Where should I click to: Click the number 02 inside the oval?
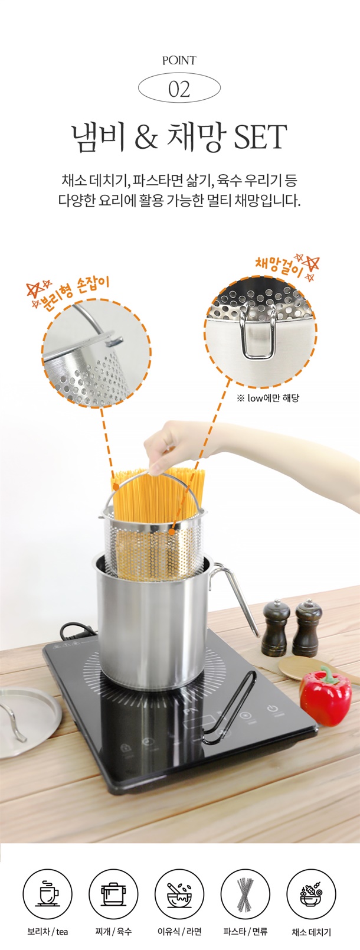click(179, 89)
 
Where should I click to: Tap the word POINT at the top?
click(179, 61)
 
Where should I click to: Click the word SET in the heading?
click(260, 137)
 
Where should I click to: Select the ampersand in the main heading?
click(146, 138)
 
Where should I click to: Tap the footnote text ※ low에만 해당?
click(268, 398)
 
